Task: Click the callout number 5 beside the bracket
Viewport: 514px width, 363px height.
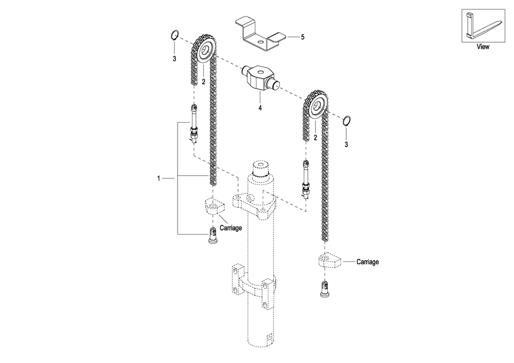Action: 303,37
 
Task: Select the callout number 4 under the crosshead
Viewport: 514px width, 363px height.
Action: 260,107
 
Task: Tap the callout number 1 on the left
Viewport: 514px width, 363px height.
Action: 159,179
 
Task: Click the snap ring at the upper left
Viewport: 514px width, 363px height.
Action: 175,34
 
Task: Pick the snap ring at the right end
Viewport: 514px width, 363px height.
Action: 347,120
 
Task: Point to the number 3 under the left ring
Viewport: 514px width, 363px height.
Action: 174,59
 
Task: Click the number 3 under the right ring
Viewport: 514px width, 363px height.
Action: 346,144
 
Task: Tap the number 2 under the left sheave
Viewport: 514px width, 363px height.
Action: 203,82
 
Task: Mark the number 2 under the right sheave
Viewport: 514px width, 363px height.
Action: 315,138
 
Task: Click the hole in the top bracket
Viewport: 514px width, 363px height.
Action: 260,42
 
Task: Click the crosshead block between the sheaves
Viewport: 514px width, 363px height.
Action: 260,78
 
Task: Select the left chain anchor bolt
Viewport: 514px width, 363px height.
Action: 194,123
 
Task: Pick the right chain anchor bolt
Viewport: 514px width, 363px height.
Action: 306,180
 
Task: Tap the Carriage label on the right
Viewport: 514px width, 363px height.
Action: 367,262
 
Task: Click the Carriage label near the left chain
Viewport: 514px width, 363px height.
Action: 231,228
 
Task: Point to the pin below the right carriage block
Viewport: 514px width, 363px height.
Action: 324,289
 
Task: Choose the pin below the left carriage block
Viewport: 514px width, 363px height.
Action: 214,235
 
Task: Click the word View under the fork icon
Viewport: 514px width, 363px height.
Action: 483,47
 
